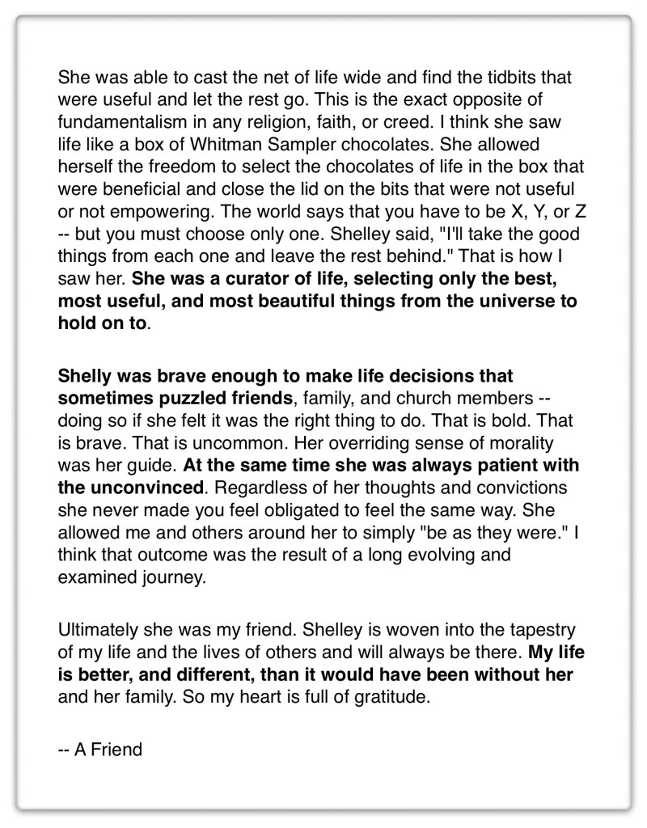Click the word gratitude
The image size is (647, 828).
(391, 697)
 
